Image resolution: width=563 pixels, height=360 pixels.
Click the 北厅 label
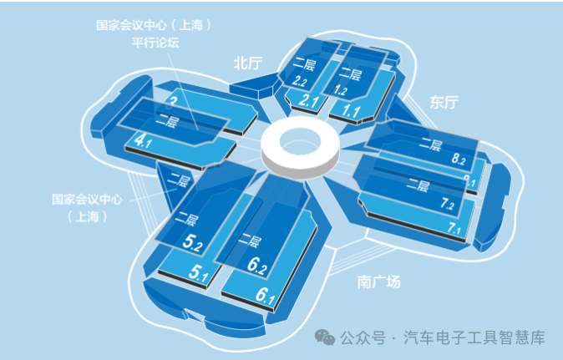248,63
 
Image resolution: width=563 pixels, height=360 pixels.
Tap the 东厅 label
444,102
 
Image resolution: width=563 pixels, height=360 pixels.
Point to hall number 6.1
266,295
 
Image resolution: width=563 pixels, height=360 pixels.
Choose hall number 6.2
257,266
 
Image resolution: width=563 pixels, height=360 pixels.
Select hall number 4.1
143,142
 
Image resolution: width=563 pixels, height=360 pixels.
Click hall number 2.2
302,81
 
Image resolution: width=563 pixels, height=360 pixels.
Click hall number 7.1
454,227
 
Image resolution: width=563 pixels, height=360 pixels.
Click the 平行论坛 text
155,43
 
